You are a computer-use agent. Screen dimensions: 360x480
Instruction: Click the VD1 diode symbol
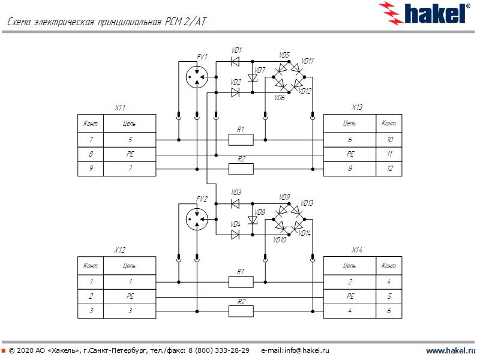coord(235,61)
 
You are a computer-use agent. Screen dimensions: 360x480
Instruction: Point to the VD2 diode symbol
coord(235,92)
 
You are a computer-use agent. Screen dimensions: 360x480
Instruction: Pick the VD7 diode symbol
coord(253,77)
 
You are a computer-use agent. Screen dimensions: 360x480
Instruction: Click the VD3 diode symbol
coord(235,203)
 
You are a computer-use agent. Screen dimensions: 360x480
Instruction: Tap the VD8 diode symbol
coord(253,220)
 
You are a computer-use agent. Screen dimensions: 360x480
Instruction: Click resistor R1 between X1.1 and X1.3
coord(241,140)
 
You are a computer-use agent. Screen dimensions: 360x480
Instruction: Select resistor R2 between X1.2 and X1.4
coord(241,311)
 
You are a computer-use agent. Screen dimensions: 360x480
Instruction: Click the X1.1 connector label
coord(120,108)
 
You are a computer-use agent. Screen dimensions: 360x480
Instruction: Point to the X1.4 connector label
coord(356,250)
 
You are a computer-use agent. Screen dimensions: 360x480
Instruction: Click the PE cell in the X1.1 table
coord(130,154)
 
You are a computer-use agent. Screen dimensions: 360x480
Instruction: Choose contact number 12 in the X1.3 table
coord(389,169)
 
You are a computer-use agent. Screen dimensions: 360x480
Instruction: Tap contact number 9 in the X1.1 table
coord(91,169)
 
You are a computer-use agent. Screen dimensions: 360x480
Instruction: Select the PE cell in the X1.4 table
coord(350,296)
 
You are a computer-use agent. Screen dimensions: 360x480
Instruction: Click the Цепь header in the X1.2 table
coord(130,265)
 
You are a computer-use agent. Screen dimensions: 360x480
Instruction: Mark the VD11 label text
coord(307,61)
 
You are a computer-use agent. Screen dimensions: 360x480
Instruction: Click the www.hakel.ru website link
coord(451,350)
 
